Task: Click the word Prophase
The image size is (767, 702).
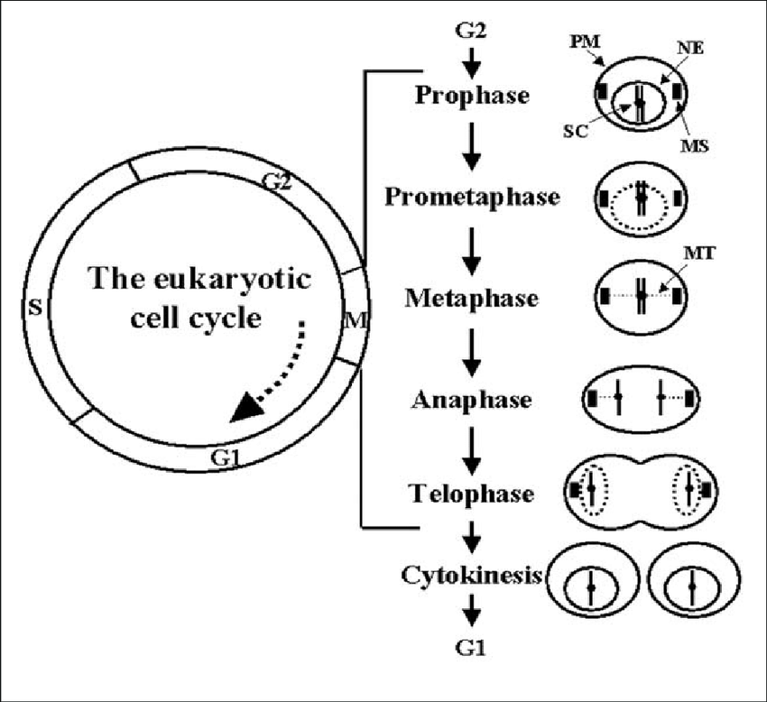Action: click(x=472, y=94)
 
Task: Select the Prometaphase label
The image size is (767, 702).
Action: click(x=472, y=196)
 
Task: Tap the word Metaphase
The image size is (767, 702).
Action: click(x=472, y=298)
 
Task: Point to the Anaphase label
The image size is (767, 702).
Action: click(x=472, y=399)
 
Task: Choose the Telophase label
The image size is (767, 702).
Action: click(x=472, y=494)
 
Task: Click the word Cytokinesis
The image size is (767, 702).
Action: click(x=472, y=575)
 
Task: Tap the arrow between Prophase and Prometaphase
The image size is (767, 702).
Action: click(x=472, y=144)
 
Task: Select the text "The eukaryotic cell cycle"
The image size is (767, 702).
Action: click(x=199, y=297)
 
